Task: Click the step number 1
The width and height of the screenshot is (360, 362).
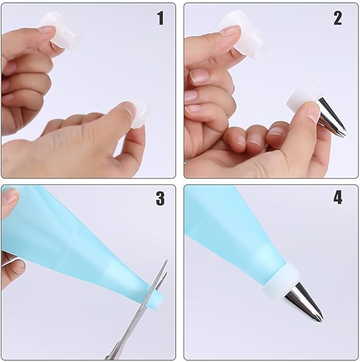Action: (x=161, y=18)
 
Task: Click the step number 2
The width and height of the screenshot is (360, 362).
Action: (x=338, y=18)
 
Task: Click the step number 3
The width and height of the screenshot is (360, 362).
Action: (x=160, y=198)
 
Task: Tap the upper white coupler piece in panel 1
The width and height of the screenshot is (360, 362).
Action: (x=60, y=30)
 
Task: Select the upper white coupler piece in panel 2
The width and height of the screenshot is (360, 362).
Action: (x=242, y=34)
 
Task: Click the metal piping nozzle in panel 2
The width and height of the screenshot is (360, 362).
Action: (x=331, y=117)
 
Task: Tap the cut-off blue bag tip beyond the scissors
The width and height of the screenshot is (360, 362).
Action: (x=157, y=299)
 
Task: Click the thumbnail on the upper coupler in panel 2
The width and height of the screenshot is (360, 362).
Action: (x=229, y=31)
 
